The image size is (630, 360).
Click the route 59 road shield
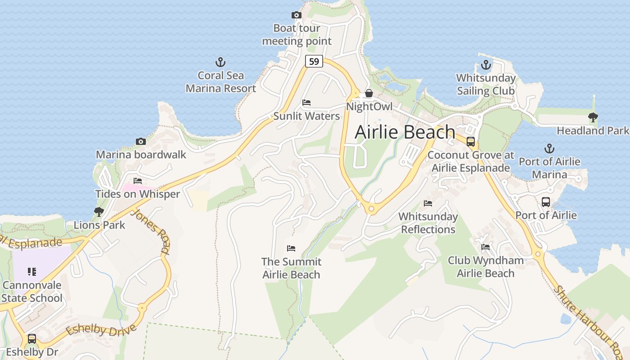314,61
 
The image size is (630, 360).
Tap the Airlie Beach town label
405,132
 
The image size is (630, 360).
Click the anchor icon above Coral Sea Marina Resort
220,62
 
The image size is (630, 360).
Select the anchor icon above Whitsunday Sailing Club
486,65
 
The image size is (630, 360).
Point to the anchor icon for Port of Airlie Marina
549,148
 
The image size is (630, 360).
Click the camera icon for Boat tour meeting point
296,15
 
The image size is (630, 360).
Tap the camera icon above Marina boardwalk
140,142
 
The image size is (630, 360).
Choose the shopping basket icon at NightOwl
369,94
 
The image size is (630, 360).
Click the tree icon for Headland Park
593,118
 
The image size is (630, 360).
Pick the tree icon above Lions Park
99,212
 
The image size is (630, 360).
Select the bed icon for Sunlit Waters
306,103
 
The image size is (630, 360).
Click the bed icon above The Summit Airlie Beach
291,248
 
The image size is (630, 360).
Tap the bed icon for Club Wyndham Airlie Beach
486,247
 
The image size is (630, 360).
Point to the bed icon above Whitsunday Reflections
428,203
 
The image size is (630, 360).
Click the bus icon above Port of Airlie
546,202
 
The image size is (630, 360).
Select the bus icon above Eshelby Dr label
32,338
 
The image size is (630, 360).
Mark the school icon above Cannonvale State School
31,272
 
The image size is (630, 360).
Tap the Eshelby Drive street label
101,331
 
